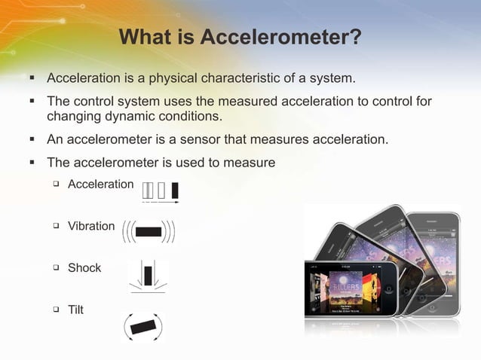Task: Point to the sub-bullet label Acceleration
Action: pyautogui.click(x=100, y=184)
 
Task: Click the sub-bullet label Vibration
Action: pyautogui.click(x=91, y=226)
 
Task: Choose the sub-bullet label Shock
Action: pyautogui.click(x=84, y=267)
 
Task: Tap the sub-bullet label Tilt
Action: pyautogui.click(x=76, y=310)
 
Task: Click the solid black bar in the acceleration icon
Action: pyautogui.click(x=175, y=191)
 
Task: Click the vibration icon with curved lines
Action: pyautogui.click(x=149, y=231)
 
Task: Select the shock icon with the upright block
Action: pyautogui.click(x=148, y=276)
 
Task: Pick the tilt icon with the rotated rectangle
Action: pyautogui.click(x=142, y=327)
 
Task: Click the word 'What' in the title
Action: pyautogui.click(x=146, y=37)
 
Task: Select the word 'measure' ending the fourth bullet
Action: pyautogui.click(x=252, y=162)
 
